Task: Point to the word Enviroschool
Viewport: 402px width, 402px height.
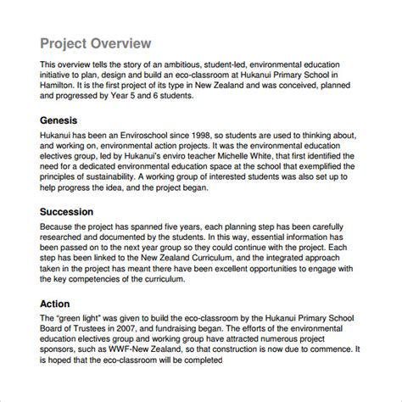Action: click(x=140, y=137)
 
